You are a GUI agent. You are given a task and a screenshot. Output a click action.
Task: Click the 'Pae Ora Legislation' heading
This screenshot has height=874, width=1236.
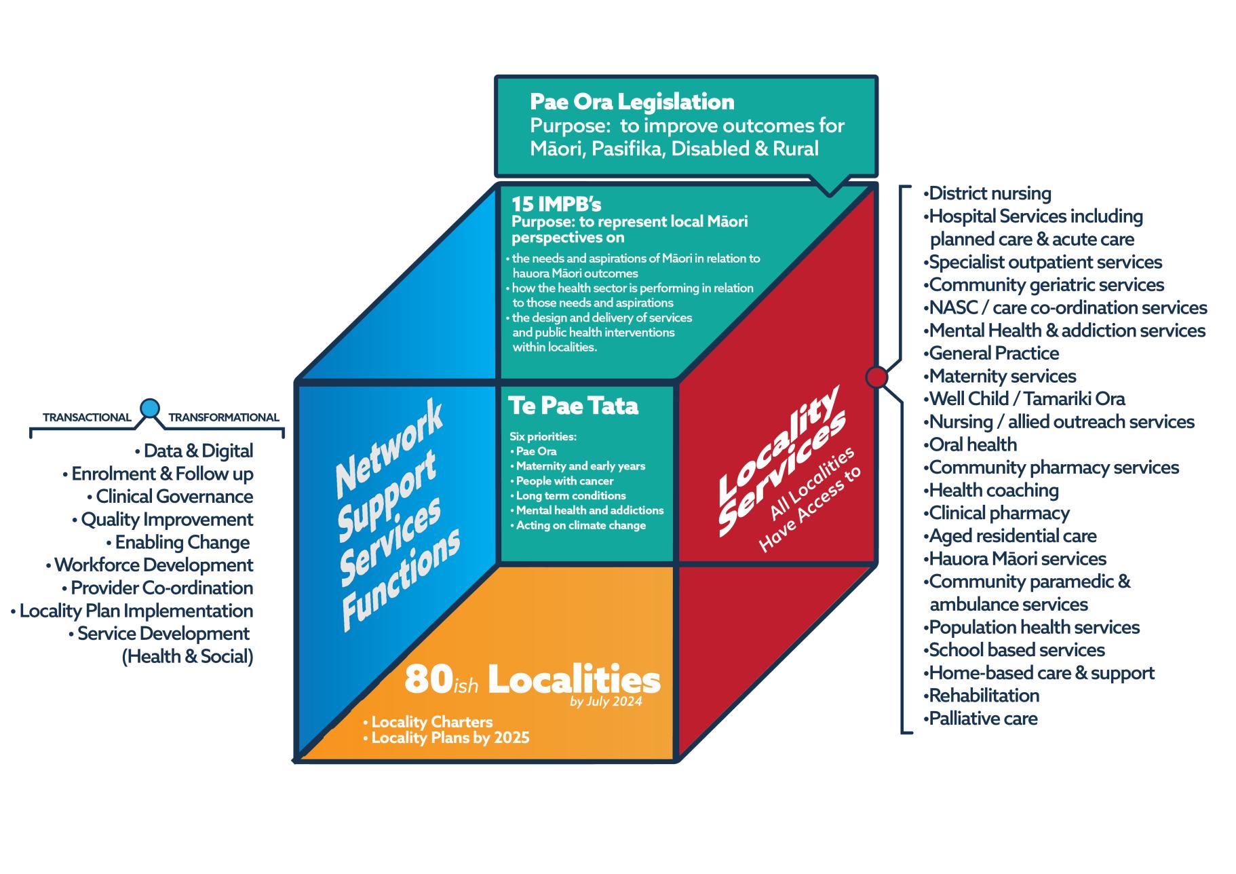pos(632,102)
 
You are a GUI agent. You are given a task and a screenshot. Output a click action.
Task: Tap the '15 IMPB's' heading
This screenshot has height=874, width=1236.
pos(556,204)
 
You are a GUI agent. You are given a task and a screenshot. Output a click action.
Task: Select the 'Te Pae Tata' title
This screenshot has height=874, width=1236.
pos(573,406)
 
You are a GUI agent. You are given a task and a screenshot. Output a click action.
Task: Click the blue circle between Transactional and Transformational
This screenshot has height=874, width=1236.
pos(150,408)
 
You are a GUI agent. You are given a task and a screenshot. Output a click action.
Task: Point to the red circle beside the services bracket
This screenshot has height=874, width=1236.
pos(876,377)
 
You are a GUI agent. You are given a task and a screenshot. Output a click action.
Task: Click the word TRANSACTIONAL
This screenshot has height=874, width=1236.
pos(87,418)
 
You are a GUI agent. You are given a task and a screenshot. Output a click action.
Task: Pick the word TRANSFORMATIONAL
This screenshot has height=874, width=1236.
pos(224,418)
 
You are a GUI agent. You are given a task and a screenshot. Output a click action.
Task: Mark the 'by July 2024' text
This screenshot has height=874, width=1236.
pos(606,702)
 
